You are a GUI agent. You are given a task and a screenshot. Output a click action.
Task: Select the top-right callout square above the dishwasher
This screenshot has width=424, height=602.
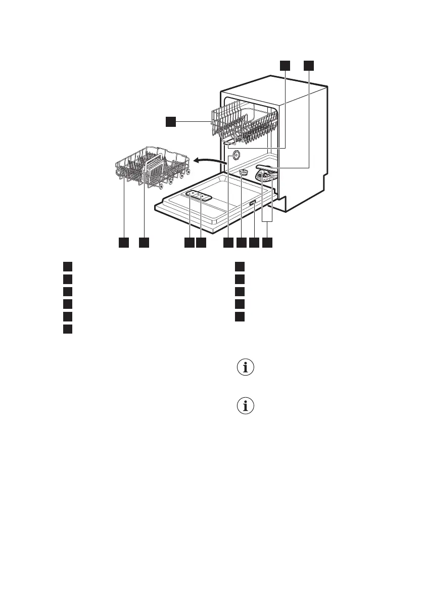click(308, 65)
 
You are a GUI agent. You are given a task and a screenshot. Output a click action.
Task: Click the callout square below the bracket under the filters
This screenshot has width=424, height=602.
click(267, 243)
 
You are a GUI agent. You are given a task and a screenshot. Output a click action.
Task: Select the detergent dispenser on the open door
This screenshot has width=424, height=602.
click(199, 196)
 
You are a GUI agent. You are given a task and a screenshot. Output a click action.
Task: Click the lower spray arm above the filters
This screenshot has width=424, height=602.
click(267, 169)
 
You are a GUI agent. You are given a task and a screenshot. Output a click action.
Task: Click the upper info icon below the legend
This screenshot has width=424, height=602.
click(246, 368)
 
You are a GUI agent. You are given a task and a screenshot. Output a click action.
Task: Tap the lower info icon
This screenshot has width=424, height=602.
click(246, 406)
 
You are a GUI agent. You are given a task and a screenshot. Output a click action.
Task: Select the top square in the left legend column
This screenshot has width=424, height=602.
click(67, 266)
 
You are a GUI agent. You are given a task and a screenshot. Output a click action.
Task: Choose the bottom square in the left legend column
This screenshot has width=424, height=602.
click(67, 330)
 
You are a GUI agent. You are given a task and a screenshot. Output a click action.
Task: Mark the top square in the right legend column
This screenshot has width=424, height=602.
click(240, 266)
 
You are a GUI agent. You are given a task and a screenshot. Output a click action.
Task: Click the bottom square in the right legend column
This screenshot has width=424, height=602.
click(240, 317)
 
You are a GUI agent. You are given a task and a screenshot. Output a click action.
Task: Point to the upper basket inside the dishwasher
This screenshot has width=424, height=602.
click(245, 124)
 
